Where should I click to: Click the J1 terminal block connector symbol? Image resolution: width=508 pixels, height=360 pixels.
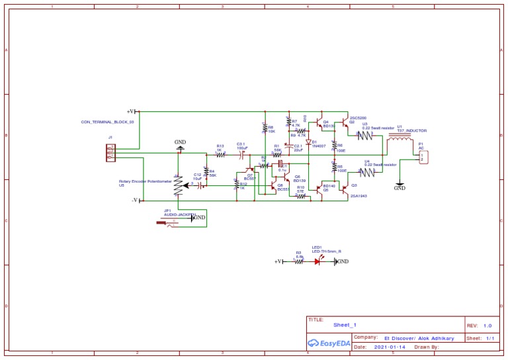pos(110,152)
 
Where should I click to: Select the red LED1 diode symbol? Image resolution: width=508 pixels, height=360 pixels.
pos(317,261)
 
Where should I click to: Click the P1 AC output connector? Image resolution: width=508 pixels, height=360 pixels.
pos(423,156)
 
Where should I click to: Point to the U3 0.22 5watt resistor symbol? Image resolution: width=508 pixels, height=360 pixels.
pos(366,136)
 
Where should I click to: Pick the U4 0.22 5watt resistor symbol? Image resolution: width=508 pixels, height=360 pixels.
pos(366,171)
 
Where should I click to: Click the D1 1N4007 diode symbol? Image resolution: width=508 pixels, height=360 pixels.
pos(308,142)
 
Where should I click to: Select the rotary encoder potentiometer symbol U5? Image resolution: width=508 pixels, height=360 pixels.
pos(177,185)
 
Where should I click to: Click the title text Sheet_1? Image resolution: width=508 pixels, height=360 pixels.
pos(345,326)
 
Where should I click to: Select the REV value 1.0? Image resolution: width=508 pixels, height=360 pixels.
pos(487,326)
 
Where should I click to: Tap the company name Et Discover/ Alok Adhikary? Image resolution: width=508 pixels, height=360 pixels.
pos(419,338)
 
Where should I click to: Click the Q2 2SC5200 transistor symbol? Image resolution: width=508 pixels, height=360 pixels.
pos(345,124)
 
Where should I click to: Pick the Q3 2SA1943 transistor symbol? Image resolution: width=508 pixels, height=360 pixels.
pos(345,189)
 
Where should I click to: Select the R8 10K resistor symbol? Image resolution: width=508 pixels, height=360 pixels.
pos(265,129)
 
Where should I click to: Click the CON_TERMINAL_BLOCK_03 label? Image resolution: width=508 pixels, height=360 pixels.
pos(107,122)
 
